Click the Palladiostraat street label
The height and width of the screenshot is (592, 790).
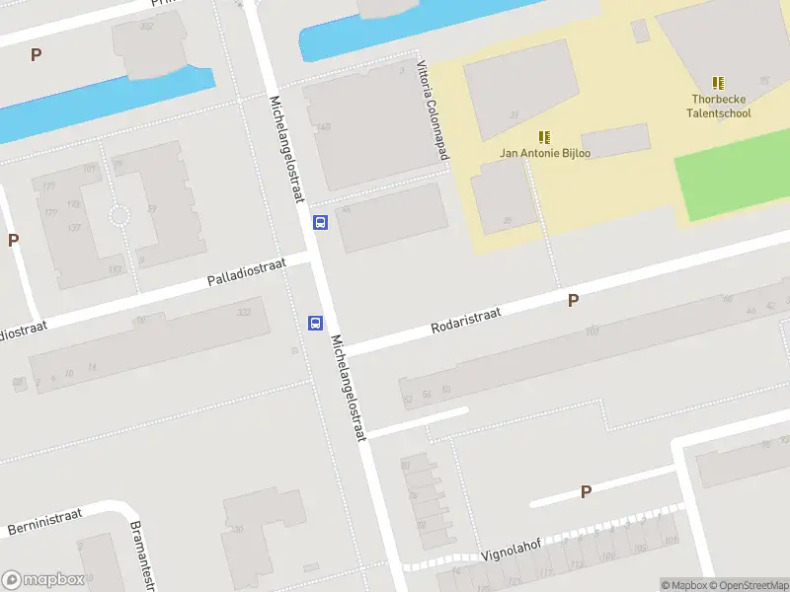point(246,273)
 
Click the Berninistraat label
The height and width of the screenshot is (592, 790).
point(43,523)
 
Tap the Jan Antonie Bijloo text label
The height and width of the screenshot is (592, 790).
point(544,153)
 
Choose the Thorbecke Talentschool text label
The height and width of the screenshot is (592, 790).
point(719,106)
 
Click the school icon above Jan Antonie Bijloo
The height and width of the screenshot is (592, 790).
point(544,136)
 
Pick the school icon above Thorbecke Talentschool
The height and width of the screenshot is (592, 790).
point(718,83)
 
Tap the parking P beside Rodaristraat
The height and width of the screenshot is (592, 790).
point(573,300)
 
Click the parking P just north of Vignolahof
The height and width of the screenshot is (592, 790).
point(586,491)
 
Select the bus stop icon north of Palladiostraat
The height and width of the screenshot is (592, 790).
point(320,222)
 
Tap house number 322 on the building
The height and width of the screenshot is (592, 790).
point(244,313)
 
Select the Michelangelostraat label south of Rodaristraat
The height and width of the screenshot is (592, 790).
point(351,386)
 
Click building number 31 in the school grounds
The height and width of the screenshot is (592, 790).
point(513,115)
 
